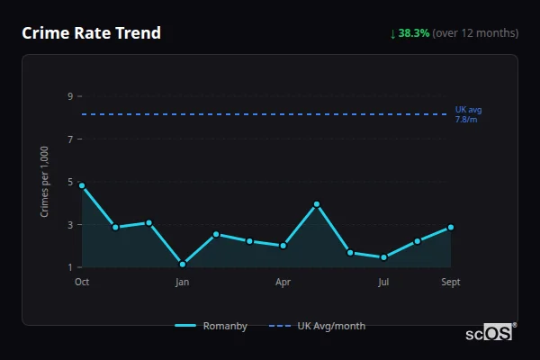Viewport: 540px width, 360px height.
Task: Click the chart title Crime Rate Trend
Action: (91, 33)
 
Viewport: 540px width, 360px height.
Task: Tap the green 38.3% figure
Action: (414, 33)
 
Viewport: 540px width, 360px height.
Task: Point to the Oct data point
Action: (82, 185)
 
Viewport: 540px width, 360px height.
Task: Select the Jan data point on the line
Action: (183, 264)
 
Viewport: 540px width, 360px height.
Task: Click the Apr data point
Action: (283, 246)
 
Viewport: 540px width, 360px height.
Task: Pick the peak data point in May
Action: (317, 204)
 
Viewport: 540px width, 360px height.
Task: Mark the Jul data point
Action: (383, 257)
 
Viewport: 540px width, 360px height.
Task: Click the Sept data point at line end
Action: (451, 227)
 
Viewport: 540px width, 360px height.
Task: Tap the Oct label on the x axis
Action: (82, 283)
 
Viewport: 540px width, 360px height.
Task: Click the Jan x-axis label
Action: (183, 283)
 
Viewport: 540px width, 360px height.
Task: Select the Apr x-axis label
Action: (283, 283)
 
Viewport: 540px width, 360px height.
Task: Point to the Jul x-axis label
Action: (383, 283)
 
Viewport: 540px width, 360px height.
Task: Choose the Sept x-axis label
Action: (451, 283)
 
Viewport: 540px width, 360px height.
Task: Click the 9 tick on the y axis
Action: (70, 96)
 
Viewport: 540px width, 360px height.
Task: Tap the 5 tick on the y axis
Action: (70, 182)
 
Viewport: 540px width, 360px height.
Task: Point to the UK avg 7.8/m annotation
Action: (468, 114)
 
